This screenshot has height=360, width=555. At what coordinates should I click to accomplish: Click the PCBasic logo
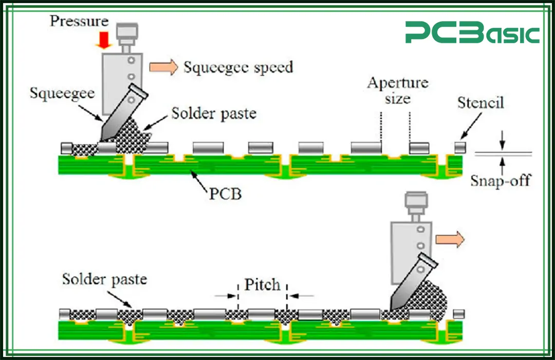click(x=472, y=33)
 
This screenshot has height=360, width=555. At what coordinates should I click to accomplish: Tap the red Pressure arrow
click(x=104, y=40)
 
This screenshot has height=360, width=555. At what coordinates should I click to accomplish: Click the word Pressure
click(x=79, y=21)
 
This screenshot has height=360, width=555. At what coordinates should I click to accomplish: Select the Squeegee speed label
click(x=238, y=67)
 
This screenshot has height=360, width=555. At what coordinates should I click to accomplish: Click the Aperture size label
click(x=397, y=90)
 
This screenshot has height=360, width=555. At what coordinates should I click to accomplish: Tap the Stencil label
click(x=480, y=103)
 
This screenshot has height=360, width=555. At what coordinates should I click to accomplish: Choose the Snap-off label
click(x=500, y=181)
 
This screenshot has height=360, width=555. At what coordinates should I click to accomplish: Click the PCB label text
click(x=225, y=195)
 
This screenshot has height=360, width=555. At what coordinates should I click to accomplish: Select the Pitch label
click(x=262, y=284)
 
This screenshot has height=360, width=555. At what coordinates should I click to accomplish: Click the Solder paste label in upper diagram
click(x=213, y=113)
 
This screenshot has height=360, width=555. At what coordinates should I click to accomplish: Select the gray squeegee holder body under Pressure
click(x=118, y=82)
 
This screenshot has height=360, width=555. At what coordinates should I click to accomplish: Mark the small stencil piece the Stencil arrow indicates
click(x=460, y=148)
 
